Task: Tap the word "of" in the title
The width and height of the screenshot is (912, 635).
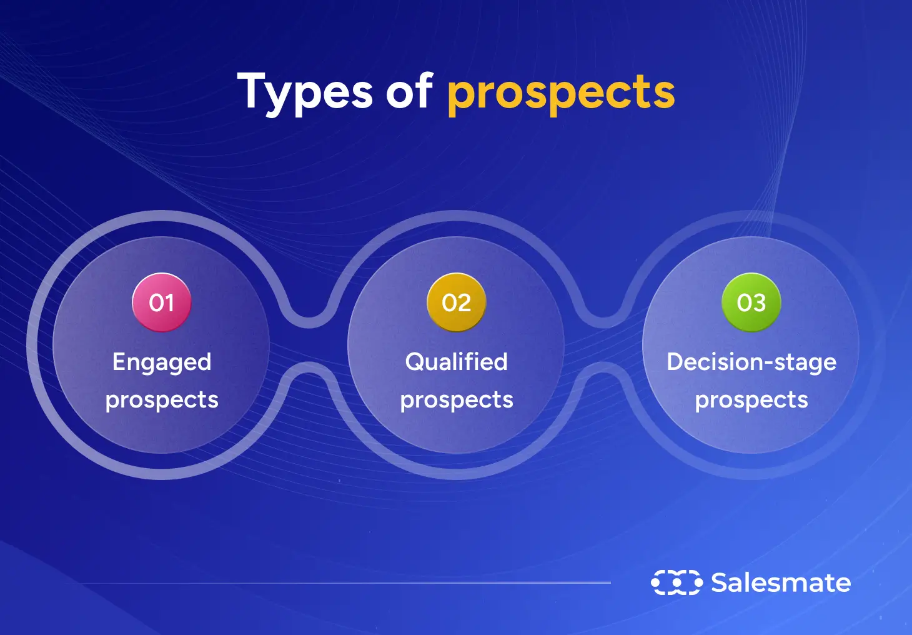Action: [409, 91]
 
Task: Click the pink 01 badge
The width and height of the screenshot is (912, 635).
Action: [161, 302]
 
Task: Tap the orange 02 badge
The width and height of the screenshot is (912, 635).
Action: [456, 302]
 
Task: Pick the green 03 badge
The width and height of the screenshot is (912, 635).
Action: [751, 302]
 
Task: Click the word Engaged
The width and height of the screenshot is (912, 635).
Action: [162, 362]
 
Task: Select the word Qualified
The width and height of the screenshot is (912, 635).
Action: [456, 361]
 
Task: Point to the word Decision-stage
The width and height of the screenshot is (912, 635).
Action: [751, 362]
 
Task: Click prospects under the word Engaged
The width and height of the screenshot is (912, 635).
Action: [162, 400]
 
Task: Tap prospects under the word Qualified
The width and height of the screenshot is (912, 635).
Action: [457, 400]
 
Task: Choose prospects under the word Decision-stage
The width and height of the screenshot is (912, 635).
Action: [751, 400]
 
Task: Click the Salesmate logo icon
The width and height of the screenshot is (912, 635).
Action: [677, 582]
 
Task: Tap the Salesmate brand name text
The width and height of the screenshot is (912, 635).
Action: [781, 582]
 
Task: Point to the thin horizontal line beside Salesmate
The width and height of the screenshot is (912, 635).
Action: [344, 583]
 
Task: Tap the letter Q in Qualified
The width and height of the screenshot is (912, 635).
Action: [415, 361]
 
